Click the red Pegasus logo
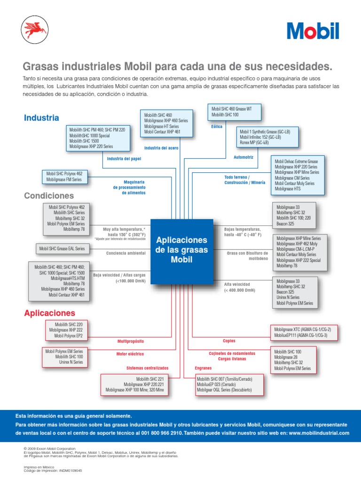[35, 30]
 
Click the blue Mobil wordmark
[313, 31]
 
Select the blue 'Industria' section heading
[41, 118]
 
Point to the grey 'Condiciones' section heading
[49, 196]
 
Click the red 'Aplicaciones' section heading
[50, 313]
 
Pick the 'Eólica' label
[217, 126]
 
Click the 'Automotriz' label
[243, 157]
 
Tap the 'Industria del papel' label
[124, 159]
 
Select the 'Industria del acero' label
[161, 148]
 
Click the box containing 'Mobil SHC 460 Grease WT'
[234, 112]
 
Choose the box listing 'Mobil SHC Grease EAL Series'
[63, 249]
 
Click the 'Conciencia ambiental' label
[126, 253]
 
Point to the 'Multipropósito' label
[131, 341]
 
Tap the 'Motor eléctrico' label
[130, 354]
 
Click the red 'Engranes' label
[203, 368]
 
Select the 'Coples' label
[229, 341]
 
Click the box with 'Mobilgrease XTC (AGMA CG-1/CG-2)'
[304, 332]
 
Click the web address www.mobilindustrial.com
[319, 433]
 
